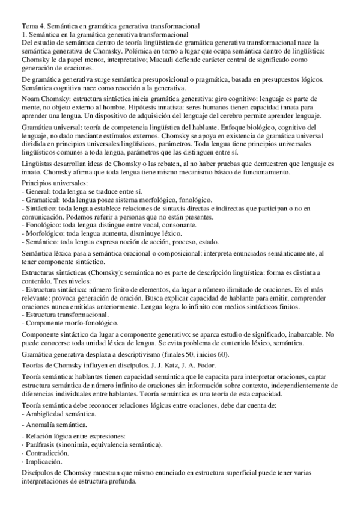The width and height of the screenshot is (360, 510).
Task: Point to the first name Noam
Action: click(32, 98)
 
